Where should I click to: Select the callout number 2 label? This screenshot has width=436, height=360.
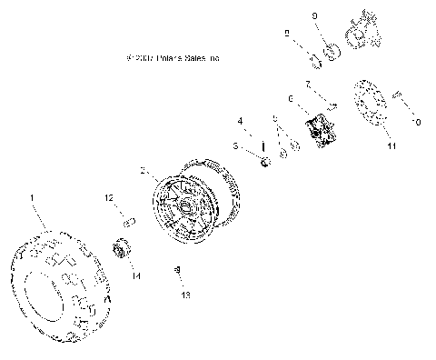point(143,170)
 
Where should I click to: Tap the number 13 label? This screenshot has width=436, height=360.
point(187,295)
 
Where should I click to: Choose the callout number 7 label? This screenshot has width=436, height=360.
point(308,83)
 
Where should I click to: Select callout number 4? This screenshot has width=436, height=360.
point(240,120)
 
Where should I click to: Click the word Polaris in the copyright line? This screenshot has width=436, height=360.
point(176,58)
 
